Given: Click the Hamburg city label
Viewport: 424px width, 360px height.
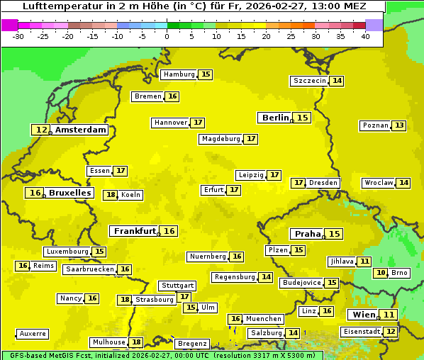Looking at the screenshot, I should (179, 74).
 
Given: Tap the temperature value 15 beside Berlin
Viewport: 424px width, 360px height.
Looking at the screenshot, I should (303, 118).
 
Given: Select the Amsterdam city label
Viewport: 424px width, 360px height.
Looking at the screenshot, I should (80, 130).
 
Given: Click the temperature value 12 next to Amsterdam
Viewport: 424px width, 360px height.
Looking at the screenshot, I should (42, 130).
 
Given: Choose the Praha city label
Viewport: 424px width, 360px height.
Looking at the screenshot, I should (308, 234).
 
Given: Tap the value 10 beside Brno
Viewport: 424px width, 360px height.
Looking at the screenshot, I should (381, 273).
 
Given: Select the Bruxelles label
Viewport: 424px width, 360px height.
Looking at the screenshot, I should (69, 193).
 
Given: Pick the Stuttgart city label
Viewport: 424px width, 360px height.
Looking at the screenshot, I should (177, 286).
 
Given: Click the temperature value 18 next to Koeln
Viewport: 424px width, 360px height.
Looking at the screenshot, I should (111, 195).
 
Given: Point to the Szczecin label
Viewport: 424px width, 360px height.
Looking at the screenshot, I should (310, 81).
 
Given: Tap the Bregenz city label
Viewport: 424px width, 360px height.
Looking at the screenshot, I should (192, 344).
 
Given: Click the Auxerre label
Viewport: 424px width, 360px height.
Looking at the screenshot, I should (33, 333).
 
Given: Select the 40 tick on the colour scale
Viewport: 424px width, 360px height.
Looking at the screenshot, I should (365, 36).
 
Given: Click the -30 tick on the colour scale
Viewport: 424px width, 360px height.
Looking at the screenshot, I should (19, 36).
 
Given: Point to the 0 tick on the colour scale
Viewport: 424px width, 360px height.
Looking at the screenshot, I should (167, 36).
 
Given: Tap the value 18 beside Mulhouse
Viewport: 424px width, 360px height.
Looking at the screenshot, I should (136, 342).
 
